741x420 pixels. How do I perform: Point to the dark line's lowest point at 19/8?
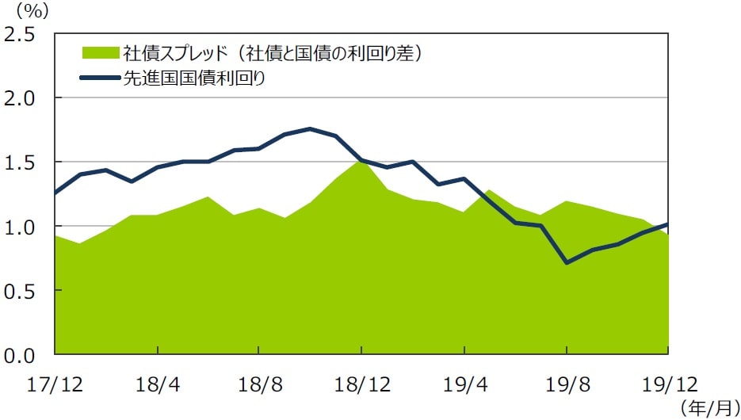(567, 262)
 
